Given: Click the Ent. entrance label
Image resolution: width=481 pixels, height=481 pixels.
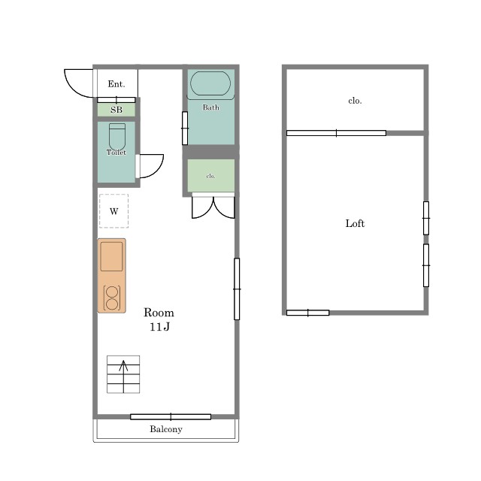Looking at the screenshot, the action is pyautogui.click(x=116, y=84).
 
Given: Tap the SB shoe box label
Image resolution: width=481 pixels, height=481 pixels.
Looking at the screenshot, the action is pyautogui.click(x=116, y=110).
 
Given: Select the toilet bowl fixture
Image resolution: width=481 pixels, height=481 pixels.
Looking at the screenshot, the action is pyautogui.click(x=117, y=137).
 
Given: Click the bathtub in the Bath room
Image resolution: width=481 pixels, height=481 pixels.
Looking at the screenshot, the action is pyautogui.click(x=210, y=83).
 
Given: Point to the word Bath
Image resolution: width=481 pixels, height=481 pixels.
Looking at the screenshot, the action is pyautogui.click(x=210, y=107).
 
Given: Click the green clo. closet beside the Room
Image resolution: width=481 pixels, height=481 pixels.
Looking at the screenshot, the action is pyautogui.click(x=211, y=175).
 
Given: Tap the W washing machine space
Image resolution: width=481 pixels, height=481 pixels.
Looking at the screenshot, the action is pyautogui.click(x=113, y=211).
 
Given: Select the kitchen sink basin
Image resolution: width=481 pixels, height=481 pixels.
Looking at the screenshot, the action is pyautogui.click(x=111, y=256).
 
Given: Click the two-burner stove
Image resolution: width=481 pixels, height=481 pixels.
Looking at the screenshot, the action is pyautogui.click(x=112, y=298).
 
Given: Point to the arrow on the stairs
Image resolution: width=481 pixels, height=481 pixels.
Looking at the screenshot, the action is pyautogui.click(x=123, y=377).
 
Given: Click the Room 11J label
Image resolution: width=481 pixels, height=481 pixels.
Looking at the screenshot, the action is pyautogui.click(x=159, y=319).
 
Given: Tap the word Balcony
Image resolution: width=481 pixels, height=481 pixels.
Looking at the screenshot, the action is pyautogui.click(x=166, y=429).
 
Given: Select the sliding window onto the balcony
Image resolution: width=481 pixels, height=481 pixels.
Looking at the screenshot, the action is pyautogui.click(x=171, y=416).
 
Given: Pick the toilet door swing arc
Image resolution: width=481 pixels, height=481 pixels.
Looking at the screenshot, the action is pyautogui.click(x=156, y=171).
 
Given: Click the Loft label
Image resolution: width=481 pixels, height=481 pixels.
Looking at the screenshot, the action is pyautogui.click(x=355, y=223).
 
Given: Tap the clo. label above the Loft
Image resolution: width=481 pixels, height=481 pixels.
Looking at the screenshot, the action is pyautogui.click(x=355, y=101).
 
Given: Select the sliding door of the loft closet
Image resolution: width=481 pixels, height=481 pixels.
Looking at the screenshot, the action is pyautogui.click(x=336, y=133).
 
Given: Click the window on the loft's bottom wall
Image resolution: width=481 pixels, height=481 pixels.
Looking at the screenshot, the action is pyautogui.click(x=307, y=313).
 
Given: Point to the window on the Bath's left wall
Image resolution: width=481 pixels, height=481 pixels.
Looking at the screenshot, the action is pyautogui.click(x=185, y=129).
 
